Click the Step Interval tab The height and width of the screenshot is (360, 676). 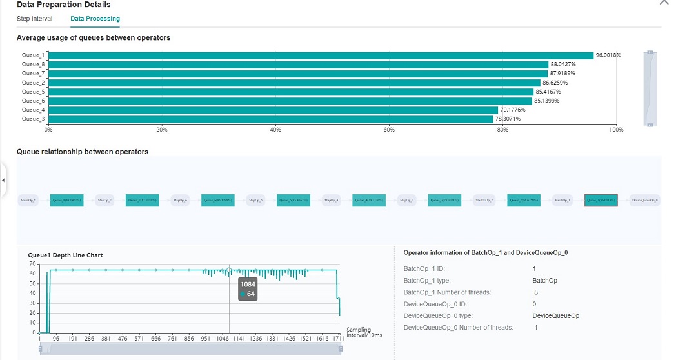click(34, 19)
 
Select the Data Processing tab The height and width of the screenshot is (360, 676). click(95, 19)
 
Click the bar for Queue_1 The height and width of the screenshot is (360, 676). click(321, 55)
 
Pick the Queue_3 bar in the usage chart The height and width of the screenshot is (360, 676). click(271, 119)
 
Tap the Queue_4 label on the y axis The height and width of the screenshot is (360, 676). click(34, 110)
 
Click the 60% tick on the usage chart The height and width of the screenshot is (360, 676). click(389, 130)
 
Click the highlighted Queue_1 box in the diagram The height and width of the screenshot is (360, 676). click(601, 201)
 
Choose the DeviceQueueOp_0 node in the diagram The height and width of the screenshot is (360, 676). click(644, 201)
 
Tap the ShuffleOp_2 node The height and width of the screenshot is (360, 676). click(484, 201)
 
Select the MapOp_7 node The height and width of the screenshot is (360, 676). click(104, 201)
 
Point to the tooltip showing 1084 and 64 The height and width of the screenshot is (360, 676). click(248, 289)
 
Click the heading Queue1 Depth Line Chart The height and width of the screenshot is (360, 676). click(65, 255)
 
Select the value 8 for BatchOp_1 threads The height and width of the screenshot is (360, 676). click(535, 292)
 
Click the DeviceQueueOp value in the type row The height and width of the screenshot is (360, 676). click(555, 316)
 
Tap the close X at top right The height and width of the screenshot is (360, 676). click(664, 3)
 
